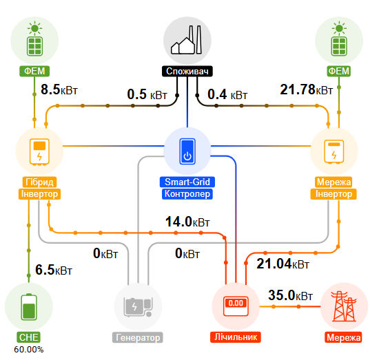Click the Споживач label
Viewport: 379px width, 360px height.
point(187,71)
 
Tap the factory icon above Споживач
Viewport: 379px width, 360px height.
point(186,40)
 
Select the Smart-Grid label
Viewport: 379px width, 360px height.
point(187,182)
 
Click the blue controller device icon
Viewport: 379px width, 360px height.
point(187,151)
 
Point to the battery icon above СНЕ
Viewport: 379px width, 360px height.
point(29,307)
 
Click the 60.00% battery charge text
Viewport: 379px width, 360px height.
point(29,350)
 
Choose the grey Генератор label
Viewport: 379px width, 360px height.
point(138,337)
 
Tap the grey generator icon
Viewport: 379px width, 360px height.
point(138,307)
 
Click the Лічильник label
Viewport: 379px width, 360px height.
point(236,337)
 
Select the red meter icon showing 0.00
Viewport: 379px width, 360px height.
point(236,306)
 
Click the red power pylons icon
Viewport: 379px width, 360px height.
point(344,306)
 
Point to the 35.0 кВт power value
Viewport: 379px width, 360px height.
point(290,295)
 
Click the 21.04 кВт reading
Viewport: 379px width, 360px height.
point(283,264)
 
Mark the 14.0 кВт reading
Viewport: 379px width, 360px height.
point(187,222)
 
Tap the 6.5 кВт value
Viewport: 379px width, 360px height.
point(54,270)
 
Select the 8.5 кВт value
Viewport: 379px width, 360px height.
point(59,89)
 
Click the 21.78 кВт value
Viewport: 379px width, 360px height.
point(306,89)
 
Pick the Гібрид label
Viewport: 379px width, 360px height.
point(39,182)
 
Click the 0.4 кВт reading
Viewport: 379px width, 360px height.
point(227,94)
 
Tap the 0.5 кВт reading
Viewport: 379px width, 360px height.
point(147,94)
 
